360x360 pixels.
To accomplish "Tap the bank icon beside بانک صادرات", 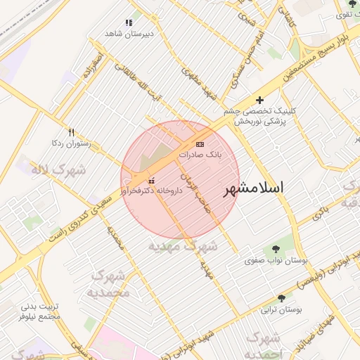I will (x=200, y=143).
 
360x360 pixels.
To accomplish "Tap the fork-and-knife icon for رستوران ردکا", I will (x=71, y=132).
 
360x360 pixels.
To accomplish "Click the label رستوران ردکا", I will (x=72, y=143).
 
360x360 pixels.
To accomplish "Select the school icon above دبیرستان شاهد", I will (x=127, y=23).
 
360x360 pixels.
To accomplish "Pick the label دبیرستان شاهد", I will (x=129, y=33).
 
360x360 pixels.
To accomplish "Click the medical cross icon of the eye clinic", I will (x=260, y=101).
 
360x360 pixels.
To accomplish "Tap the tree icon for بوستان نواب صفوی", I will (x=276, y=249).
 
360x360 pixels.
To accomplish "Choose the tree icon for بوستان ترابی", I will (x=281, y=299).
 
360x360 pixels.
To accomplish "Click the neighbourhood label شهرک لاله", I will (x=58, y=169).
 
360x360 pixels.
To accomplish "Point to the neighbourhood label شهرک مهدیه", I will (x=182, y=247).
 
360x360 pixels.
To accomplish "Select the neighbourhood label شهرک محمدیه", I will (x=110, y=283).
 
